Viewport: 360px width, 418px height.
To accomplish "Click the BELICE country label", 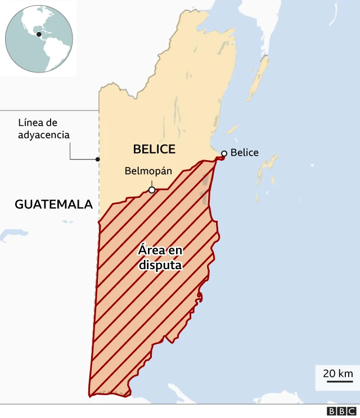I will point(154,149).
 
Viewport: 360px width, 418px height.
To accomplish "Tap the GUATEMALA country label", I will point(53,205).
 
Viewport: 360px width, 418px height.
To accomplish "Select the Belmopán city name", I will point(148,171).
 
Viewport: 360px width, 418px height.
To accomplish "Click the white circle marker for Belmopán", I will point(152,190).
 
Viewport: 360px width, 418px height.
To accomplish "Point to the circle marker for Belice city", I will point(224,153).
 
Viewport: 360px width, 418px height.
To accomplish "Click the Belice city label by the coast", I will point(245,153).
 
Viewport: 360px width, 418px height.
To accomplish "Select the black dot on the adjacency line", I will point(98,159).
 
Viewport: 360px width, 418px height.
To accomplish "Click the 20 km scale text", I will point(337,373).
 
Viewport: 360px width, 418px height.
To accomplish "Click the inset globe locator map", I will point(39,38).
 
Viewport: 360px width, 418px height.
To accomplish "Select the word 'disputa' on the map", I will point(160,265).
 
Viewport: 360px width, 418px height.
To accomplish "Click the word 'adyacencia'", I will point(44,135).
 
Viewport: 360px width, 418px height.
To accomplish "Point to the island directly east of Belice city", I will point(269,169).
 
